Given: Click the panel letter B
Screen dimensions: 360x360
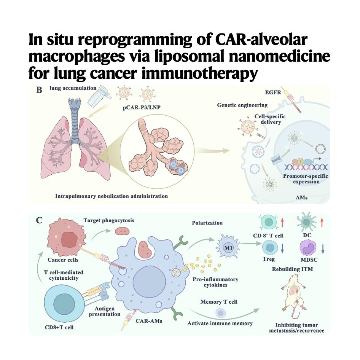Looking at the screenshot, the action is pos(39,90).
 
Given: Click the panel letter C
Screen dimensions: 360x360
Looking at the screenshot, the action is pos(39,220).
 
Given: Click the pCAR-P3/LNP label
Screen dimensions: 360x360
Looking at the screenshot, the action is pos(142,107).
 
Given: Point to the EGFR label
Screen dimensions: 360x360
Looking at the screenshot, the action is pos(273,92).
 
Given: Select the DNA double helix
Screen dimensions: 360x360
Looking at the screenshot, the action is pos(306,167).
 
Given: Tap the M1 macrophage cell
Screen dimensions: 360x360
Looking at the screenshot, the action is pos(228,247).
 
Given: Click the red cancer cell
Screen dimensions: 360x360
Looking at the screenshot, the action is pos(66,237).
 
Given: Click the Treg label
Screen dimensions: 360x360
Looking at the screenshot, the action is pos(269,259).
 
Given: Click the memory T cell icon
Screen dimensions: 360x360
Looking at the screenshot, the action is pos(221,313).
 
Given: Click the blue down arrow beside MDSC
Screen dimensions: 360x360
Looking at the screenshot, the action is pos(323,249).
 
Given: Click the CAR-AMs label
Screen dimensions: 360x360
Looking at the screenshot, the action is pos(149,321).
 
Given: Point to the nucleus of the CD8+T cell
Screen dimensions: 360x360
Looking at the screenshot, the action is pos(64,304).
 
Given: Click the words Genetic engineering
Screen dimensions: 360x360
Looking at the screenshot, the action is pos(242,105).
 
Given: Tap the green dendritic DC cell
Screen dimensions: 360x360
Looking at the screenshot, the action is pos(306,222).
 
